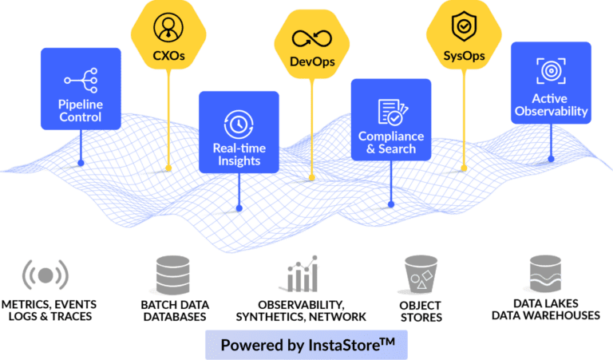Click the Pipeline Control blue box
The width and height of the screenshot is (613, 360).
[80, 89]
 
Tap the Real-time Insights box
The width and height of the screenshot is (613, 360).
[239, 132]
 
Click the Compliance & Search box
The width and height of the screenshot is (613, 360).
[391, 119]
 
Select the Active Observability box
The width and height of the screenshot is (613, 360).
[551, 83]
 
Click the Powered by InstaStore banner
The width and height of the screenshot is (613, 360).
[306, 345]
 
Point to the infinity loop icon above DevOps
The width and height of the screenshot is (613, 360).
[312, 38]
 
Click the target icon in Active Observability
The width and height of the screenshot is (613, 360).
[551, 70]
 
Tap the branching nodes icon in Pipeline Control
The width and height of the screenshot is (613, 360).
[80, 80]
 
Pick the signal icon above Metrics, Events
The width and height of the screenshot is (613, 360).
[45, 275]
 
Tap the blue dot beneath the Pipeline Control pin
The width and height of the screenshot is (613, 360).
[81, 163]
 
